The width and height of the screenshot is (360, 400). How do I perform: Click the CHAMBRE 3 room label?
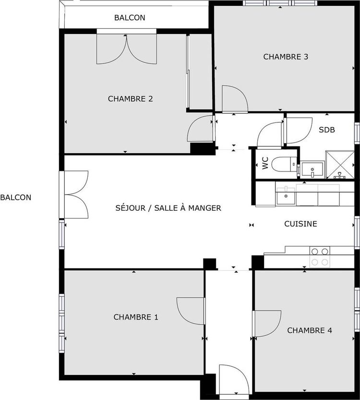click(286, 57)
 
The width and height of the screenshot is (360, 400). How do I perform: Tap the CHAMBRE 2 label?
click(130, 99)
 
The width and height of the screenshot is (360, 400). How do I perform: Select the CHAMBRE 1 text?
click(136, 317)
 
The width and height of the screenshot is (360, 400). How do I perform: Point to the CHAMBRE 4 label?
click(310, 330)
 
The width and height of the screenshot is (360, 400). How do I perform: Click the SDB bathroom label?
click(326, 130)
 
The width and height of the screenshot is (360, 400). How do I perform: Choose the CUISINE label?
click(300, 224)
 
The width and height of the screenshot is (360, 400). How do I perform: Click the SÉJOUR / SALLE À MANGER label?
click(168, 208)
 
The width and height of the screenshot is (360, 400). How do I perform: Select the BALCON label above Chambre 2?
click(130, 18)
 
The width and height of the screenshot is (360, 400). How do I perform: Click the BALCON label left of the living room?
click(15, 197)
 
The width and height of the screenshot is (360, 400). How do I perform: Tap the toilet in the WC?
click(284, 164)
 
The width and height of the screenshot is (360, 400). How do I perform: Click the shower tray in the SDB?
click(340, 165)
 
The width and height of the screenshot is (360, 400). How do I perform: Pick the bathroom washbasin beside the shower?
click(312, 170)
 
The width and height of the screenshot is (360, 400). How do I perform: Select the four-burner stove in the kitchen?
click(320, 257)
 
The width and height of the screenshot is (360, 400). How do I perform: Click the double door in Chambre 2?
click(126, 48)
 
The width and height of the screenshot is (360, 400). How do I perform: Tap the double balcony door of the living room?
click(76, 194)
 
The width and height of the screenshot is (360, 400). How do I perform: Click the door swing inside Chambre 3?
click(235, 99)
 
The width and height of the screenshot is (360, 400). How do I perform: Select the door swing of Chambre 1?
click(191, 311)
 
